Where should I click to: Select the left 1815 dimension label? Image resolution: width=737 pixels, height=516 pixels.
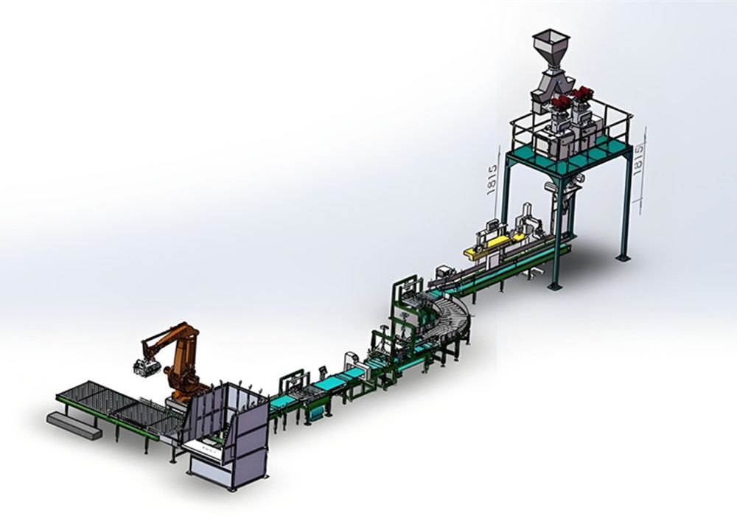tap(492, 180)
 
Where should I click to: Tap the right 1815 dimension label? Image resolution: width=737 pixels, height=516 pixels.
tap(638, 160)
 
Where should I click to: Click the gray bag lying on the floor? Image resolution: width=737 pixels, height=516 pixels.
tap(74, 425)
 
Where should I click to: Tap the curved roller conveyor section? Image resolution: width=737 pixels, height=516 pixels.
tap(451, 313)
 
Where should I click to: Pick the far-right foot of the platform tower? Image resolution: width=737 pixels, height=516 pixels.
tap(624, 257)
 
